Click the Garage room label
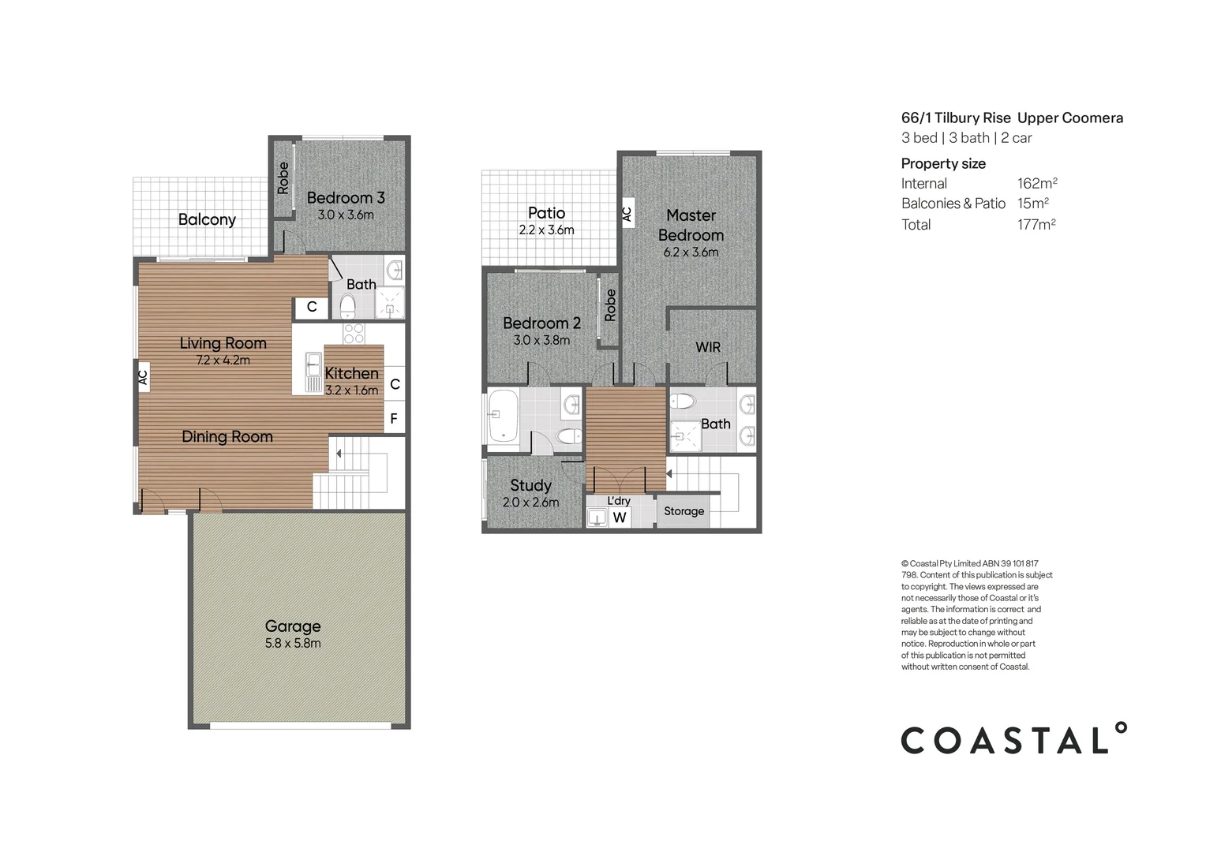click(293, 626)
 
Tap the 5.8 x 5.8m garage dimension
click(293, 643)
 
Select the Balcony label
click(207, 219)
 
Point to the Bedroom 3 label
click(346, 197)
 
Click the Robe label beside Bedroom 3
click(283, 178)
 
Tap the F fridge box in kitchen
click(394, 419)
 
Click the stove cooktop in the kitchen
click(354, 333)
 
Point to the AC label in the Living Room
click(143, 377)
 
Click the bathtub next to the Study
click(503, 415)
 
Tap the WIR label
click(708, 347)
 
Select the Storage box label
click(684, 511)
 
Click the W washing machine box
click(620, 518)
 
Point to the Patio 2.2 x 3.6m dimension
click(546, 230)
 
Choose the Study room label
click(530, 485)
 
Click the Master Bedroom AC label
click(627, 213)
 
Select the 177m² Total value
click(1036, 224)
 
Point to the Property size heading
click(943, 163)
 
